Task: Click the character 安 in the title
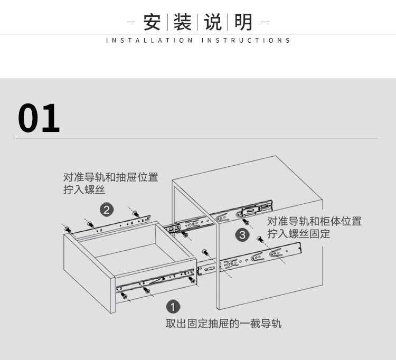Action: tap(152, 23)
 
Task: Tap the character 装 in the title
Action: tap(182, 23)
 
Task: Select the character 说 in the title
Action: tap(213, 23)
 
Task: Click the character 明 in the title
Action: tap(243, 23)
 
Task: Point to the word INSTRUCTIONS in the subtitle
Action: tap(246, 41)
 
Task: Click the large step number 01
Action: tap(39, 118)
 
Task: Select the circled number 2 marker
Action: tap(107, 210)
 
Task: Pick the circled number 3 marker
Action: tap(242, 235)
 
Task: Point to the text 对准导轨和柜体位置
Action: tap(314, 221)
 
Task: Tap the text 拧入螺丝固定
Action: tap(298, 234)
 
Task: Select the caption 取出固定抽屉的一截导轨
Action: tap(223, 323)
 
